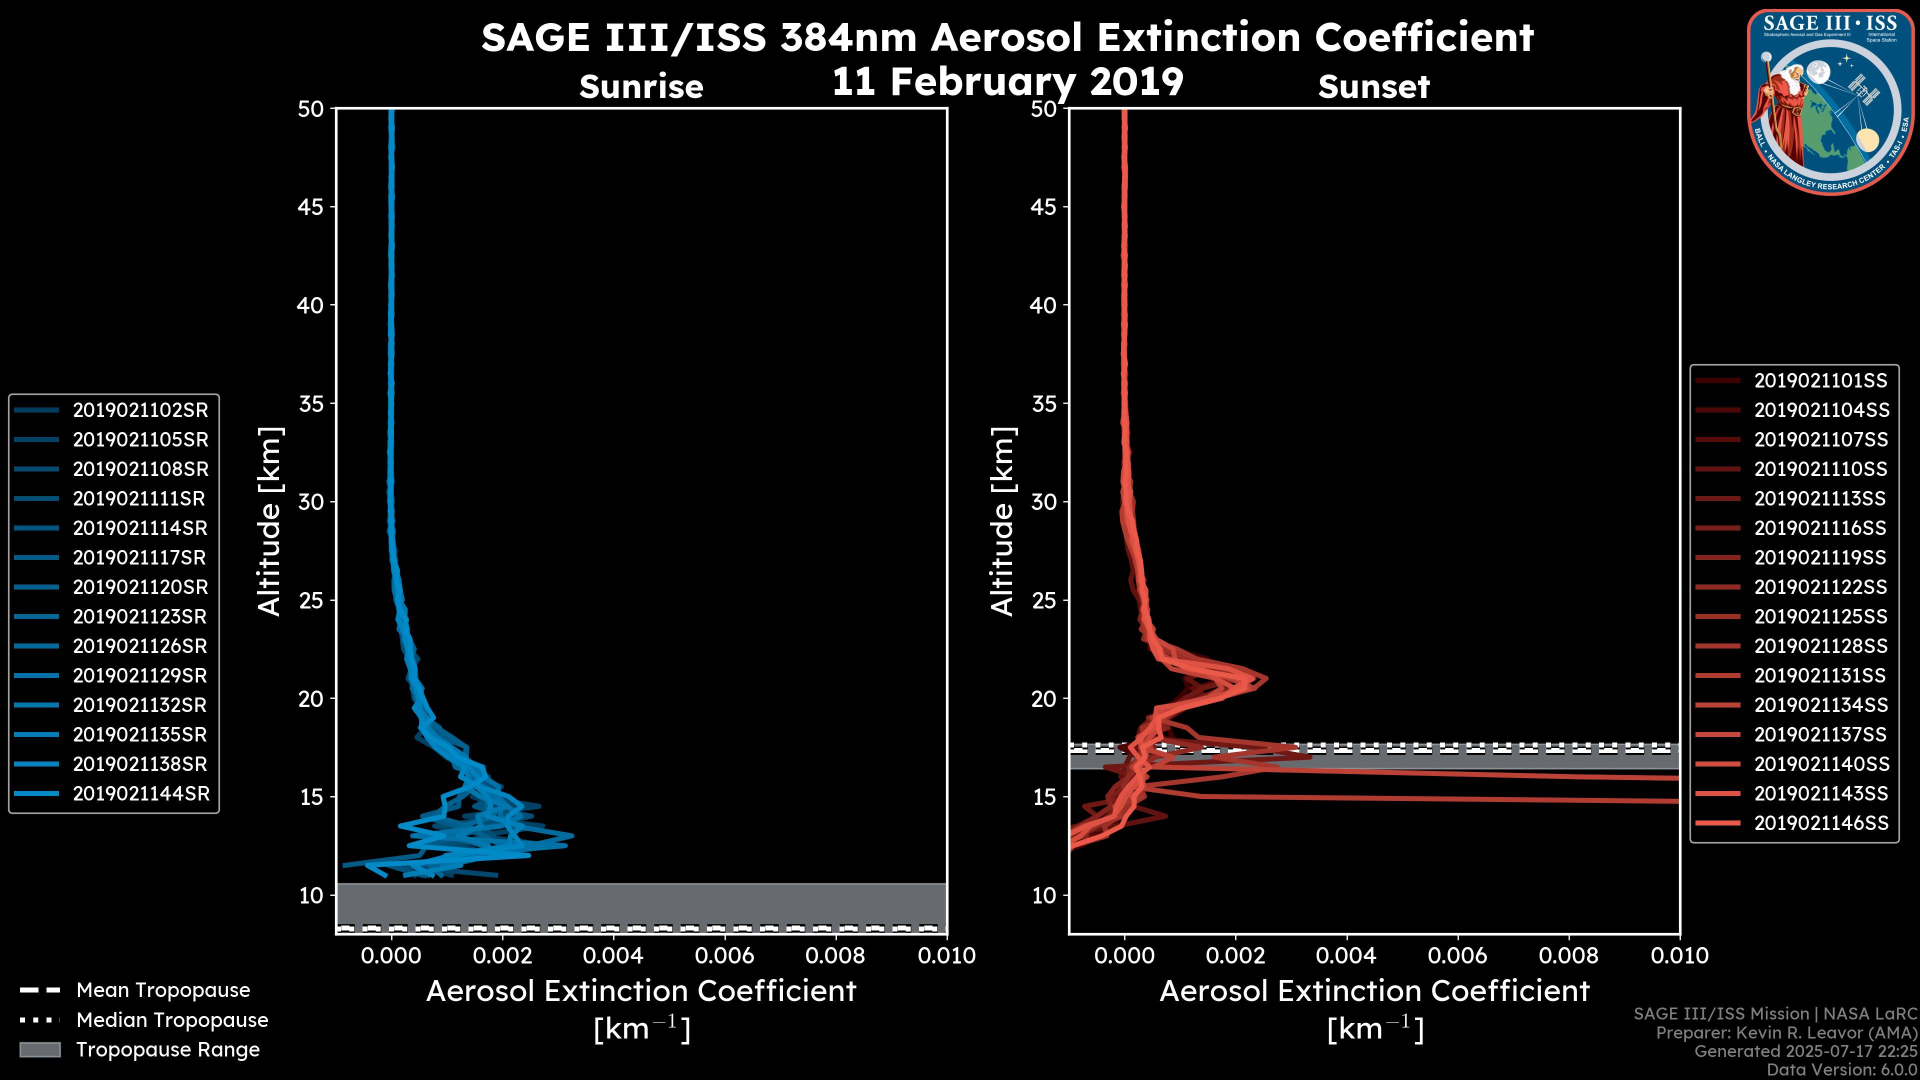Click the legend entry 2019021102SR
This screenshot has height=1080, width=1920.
pyautogui.click(x=140, y=410)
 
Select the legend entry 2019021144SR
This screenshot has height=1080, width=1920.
pyautogui.click(x=140, y=794)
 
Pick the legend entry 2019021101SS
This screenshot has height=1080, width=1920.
pyautogui.click(x=1820, y=381)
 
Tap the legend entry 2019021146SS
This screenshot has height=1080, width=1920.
pyautogui.click(x=1820, y=823)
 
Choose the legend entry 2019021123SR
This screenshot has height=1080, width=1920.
pyautogui.click(x=140, y=616)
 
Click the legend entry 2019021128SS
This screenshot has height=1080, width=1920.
pyautogui.click(x=1820, y=646)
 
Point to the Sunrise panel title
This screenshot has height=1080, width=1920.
pyautogui.click(x=641, y=86)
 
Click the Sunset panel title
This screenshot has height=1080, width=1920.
pyautogui.click(x=1373, y=86)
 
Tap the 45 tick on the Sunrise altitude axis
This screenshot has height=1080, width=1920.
pyautogui.click(x=311, y=206)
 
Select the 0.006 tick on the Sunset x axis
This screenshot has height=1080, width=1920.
pyautogui.click(x=1458, y=955)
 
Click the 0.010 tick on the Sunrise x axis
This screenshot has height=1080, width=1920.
pyautogui.click(x=946, y=955)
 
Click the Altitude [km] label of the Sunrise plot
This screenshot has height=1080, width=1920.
pyautogui.click(x=269, y=521)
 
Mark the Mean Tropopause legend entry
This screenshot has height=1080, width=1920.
pyautogui.click(x=162, y=990)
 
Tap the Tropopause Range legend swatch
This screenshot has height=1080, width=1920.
pyautogui.click(x=40, y=1049)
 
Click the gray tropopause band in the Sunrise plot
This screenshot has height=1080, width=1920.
pyautogui.click(x=641, y=903)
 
